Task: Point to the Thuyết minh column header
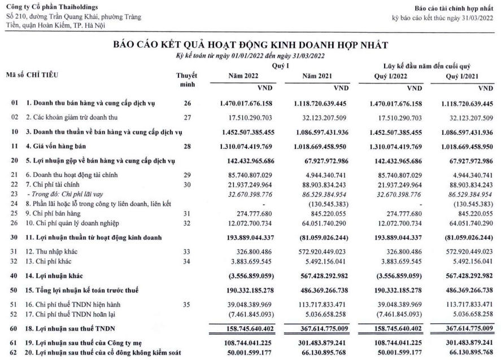click(x=187, y=80)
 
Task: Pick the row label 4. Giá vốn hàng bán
click(x=58, y=146)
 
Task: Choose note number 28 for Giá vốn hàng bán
click(x=187, y=146)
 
